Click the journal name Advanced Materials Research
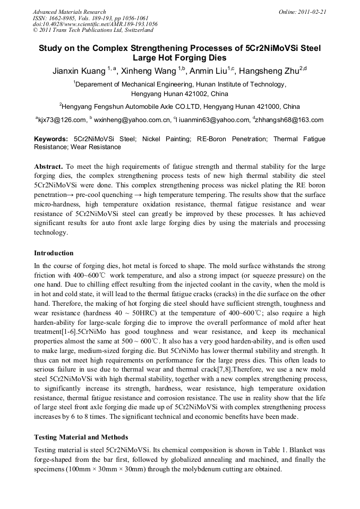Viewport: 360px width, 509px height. click(69, 12)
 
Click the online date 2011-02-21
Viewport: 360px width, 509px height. click(314, 12)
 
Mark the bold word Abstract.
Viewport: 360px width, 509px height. click(49, 167)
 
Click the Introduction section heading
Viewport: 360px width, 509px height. click(54, 253)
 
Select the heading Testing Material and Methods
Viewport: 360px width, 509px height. click(81, 437)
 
